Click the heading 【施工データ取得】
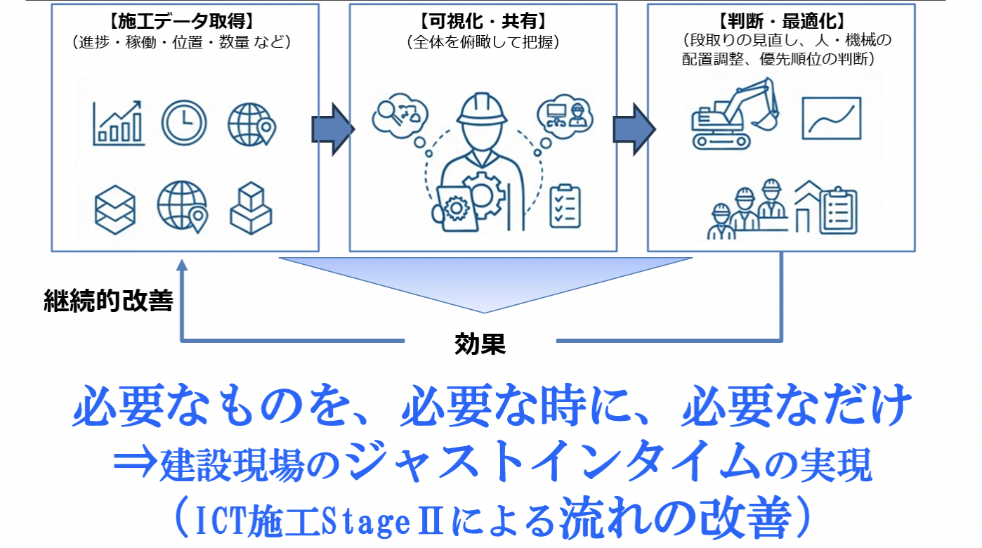pyautogui.click(x=183, y=21)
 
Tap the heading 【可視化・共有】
pyautogui.click(x=483, y=21)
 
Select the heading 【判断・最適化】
pyautogui.click(x=782, y=21)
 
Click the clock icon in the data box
pyautogui.click(x=184, y=123)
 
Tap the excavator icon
pyautogui.click(x=735, y=114)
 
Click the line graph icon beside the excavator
pyautogui.click(x=831, y=118)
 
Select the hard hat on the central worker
pyautogui.click(x=482, y=109)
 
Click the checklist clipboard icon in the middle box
pyautogui.click(x=565, y=206)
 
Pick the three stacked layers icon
pyautogui.click(x=115, y=209)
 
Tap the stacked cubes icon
pyautogui.click(x=251, y=208)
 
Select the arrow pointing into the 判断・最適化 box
pyautogui.click(x=634, y=129)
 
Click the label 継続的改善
pyautogui.click(x=108, y=301)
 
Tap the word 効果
pyautogui.click(x=480, y=344)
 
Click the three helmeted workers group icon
pyautogui.click(x=747, y=209)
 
